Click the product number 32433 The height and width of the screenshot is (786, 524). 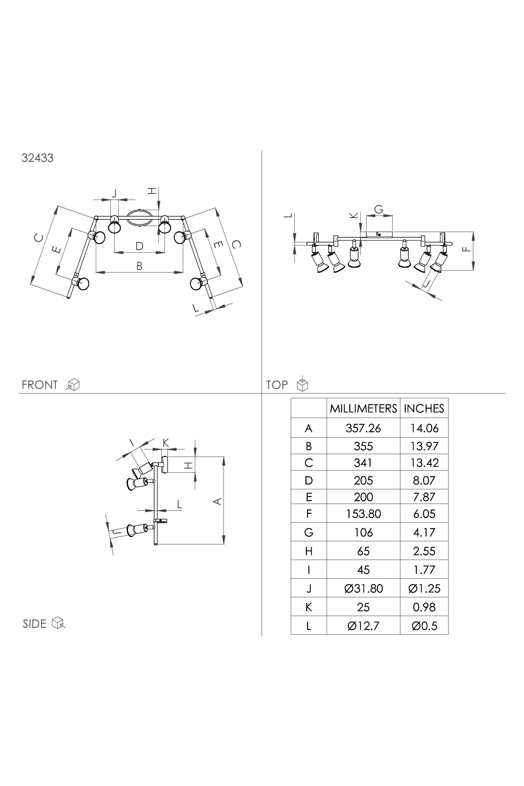tap(37, 158)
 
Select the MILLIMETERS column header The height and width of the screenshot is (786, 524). tap(363, 408)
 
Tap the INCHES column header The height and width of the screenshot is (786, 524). tap(424, 408)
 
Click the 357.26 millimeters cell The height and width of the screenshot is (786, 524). tap(363, 428)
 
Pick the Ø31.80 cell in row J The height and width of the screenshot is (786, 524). tap(363, 588)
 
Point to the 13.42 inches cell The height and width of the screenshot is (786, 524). tap(424, 463)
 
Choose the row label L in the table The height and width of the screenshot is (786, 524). tap(309, 626)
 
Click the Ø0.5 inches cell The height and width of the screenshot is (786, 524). tap(424, 626)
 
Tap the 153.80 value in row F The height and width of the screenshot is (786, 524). tap(363, 514)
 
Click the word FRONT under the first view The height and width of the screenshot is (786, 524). tap(40, 385)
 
